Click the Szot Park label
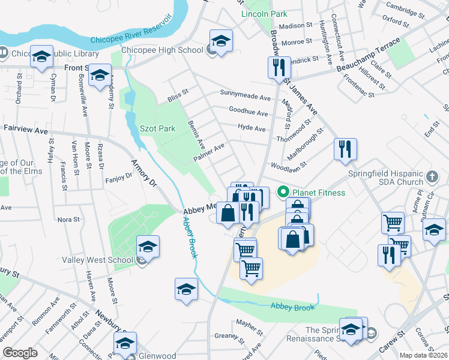pyautogui.click(x=157, y=128)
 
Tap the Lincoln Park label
pyautogui.click(x=264, y=14)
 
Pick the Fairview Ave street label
pyautogui.click(x=25, y=129)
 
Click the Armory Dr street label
pyautogui.click(x=143, y=173)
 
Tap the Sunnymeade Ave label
pyautogui.click(x=245, y=97)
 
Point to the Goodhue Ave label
pyautogui.click(x=248, y=112)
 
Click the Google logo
pyautogui.click(x=20, y=352)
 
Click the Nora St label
pyautogui.click(x=68, y=220)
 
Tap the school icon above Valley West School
pyautogui.click(x=148, y=247)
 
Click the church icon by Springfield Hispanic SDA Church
pyautogui.click(x=433, y=178)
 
